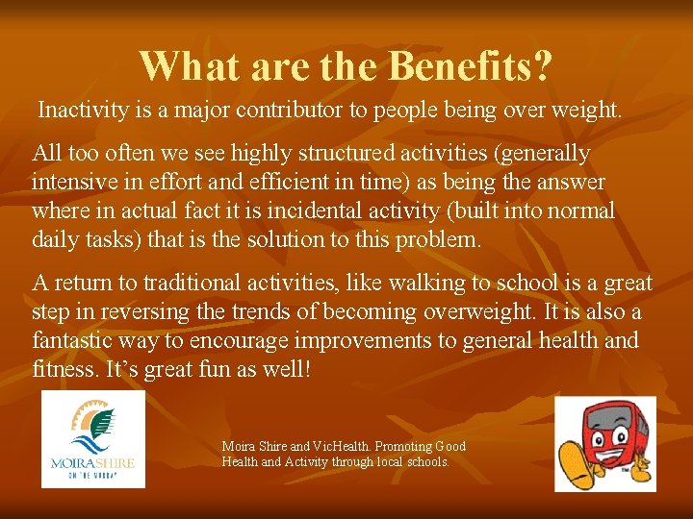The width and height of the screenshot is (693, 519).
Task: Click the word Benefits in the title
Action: click(471, 66)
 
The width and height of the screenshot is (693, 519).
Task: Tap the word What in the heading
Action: click(185, 66)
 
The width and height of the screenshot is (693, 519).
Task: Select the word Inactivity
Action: click(80, 111)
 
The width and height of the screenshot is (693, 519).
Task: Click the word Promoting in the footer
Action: click(403, 447)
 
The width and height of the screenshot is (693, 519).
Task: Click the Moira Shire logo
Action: click(93, 439)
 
